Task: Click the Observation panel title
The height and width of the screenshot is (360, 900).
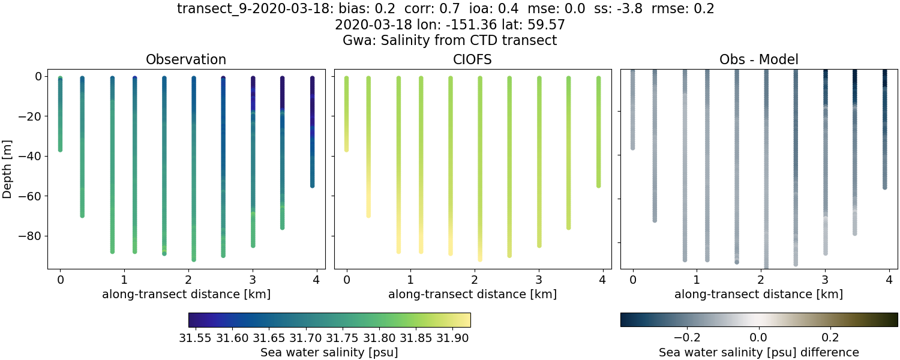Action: tap(186, 59)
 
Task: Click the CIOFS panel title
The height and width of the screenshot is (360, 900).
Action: tap(472, 59)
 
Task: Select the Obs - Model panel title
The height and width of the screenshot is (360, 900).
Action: tap(758, 59)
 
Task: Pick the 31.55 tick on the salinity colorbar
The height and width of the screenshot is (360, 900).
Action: tap(198, 338)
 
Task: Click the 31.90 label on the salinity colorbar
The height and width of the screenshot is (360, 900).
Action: tap(452, 338)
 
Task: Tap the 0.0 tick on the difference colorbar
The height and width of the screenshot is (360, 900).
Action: tap(759, 338)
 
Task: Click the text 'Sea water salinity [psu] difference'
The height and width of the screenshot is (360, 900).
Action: tap(758, 352)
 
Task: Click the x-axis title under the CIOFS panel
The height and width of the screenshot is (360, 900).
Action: tap(472, 295)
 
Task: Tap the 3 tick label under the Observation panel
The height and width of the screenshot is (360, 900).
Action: tap(253, 280)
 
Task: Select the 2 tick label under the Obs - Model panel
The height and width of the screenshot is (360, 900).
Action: tap(761, 280)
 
